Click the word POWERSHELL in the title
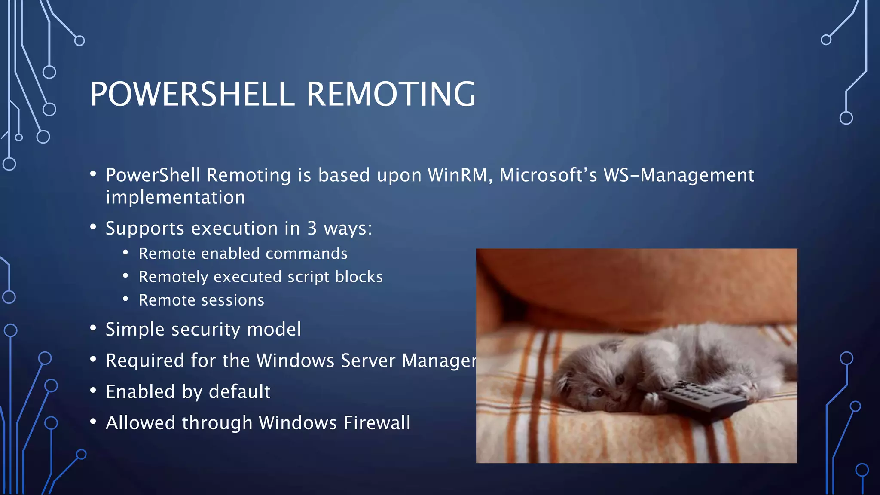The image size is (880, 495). coord(192,94)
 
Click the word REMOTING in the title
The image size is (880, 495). coord(391,94)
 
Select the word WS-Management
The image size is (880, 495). coord(678,175)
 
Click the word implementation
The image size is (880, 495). coord(175,198)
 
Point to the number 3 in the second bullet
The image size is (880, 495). coord(312,228)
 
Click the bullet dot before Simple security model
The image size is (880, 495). coord(93,328)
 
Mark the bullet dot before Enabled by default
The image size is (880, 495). coord(93,391)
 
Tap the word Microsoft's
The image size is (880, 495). coord(548,175)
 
